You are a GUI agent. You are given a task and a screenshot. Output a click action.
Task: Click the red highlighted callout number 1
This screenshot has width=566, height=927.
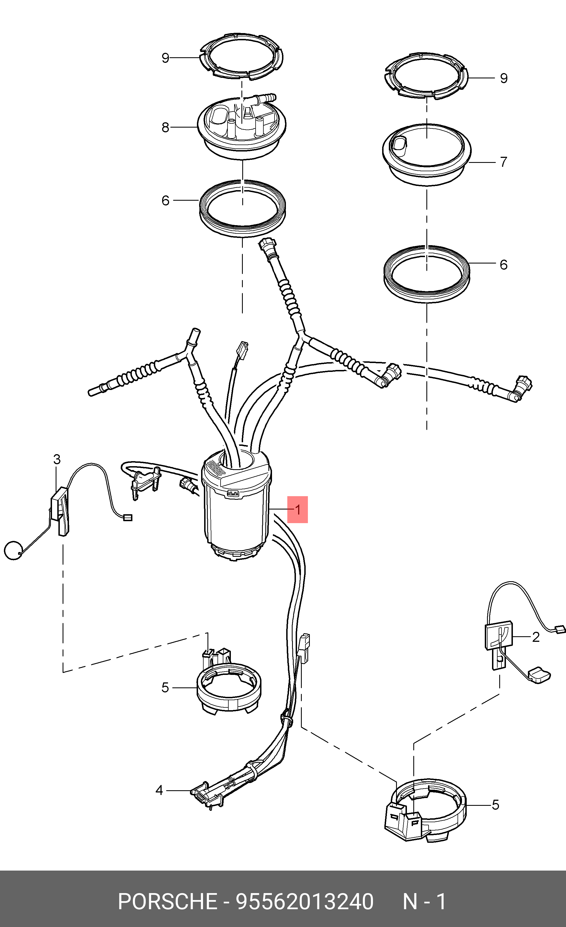pos(298,510)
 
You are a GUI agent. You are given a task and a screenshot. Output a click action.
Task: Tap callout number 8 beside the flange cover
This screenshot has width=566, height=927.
pos(165,128)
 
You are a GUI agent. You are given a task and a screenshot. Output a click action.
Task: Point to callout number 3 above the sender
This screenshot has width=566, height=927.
pos(57,459)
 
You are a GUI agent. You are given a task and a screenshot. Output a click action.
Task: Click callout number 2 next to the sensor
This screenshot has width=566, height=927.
pos(535,637)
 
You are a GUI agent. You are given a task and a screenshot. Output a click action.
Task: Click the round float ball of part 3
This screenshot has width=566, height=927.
pos(14,551)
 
